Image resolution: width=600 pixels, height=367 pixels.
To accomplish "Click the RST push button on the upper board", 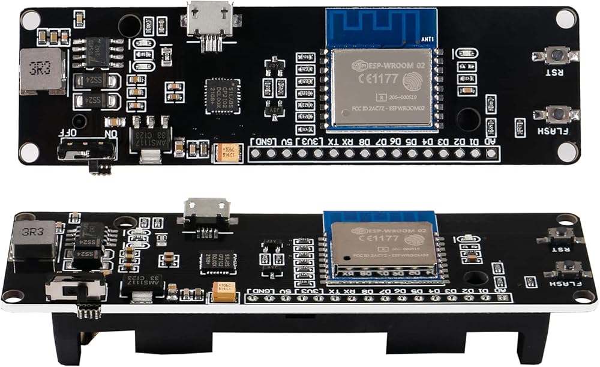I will (557, 56).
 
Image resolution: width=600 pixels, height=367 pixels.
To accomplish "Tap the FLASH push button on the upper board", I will (558, 113).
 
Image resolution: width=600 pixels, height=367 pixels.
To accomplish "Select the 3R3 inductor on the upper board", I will (41, 71).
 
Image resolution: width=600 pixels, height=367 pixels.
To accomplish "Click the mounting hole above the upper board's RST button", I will (565, 19).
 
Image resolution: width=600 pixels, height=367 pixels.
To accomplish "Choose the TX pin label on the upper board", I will (331, 142).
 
